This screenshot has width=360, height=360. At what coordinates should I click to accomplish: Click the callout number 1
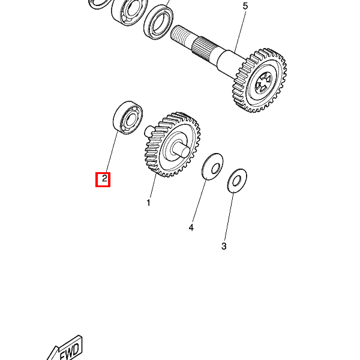(x=148, y=203)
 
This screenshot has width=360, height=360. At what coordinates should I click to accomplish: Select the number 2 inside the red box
(x=103, y=179)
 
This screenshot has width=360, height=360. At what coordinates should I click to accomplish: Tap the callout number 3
(x=224, y=246)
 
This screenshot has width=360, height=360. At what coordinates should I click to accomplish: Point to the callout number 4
(x=191, y=228)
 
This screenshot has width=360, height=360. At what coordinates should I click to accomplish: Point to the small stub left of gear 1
(x=148, y=130)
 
